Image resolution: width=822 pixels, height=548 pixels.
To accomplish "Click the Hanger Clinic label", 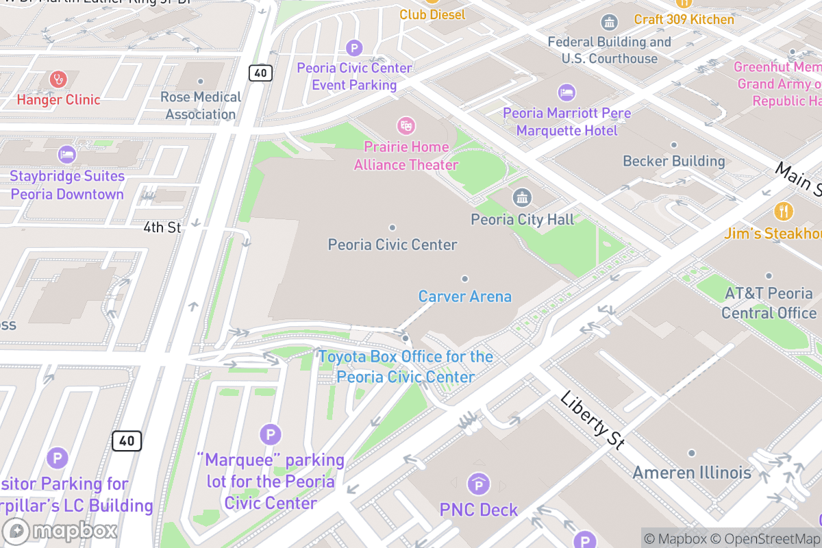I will [58, 100].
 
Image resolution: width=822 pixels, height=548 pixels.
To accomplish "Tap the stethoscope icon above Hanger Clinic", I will [58, 79].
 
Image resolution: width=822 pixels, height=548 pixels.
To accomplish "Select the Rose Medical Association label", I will [201, 105].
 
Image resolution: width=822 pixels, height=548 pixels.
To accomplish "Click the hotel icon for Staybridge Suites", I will [66, 154].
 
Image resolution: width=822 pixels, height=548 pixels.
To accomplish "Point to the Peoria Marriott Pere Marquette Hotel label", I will [566, 121].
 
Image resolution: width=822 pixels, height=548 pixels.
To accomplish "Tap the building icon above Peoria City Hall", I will [522, 199].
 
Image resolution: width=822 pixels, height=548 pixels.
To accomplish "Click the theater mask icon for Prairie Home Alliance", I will [406, 125].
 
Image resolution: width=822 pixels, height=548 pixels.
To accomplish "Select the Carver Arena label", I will [464, 297].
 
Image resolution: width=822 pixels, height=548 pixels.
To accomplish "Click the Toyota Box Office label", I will [406, 367].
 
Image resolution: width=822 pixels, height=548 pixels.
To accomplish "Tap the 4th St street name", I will [162, 227].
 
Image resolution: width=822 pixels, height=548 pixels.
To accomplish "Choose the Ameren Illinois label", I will [691, 473].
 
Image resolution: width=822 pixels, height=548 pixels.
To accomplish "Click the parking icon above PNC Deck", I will [478, 485].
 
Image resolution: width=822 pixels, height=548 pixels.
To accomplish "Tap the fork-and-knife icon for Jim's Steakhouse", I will [783, 211].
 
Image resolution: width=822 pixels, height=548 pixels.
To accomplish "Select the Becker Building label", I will [673, 161].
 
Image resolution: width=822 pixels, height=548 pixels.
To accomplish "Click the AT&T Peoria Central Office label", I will [769, 303].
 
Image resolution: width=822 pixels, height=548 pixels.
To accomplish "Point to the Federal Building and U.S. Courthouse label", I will [609, 50].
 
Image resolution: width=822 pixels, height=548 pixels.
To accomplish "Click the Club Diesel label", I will [432, 14].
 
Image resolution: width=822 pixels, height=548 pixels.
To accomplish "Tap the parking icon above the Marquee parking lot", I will [271, 434].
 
